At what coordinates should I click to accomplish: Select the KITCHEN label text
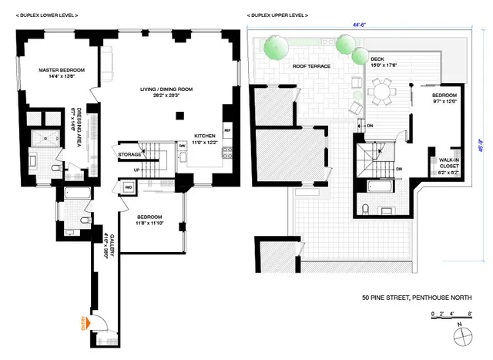pos(203,135)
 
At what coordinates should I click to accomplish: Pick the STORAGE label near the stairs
pos(129,154)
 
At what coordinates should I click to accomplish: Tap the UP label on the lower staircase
pos(137,169)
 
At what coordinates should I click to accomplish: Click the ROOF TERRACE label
pos(310,66)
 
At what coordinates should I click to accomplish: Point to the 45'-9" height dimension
pos(481,141)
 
